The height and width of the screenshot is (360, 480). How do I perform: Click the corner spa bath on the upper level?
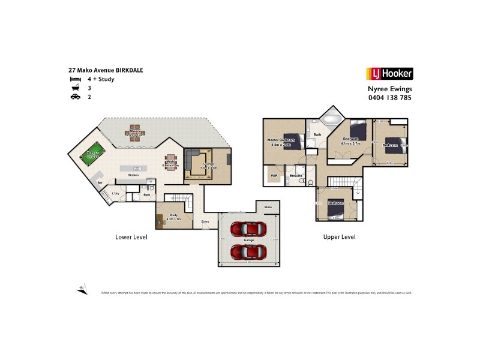pos(331,118)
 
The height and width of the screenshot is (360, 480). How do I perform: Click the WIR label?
pos(274,176)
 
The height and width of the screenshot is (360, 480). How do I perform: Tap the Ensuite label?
pos(295,176)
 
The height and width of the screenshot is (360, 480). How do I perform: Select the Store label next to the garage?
pos(268,207)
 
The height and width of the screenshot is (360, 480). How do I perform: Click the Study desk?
pos(161,221)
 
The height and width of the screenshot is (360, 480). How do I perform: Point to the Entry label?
pos(205,222)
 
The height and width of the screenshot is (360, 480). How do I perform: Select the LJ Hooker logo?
pos(389,74)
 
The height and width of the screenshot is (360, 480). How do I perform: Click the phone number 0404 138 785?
pos(389,97)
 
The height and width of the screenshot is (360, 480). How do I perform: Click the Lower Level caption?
pos(131,237)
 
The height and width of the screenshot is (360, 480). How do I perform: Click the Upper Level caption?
pos(339,237)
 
